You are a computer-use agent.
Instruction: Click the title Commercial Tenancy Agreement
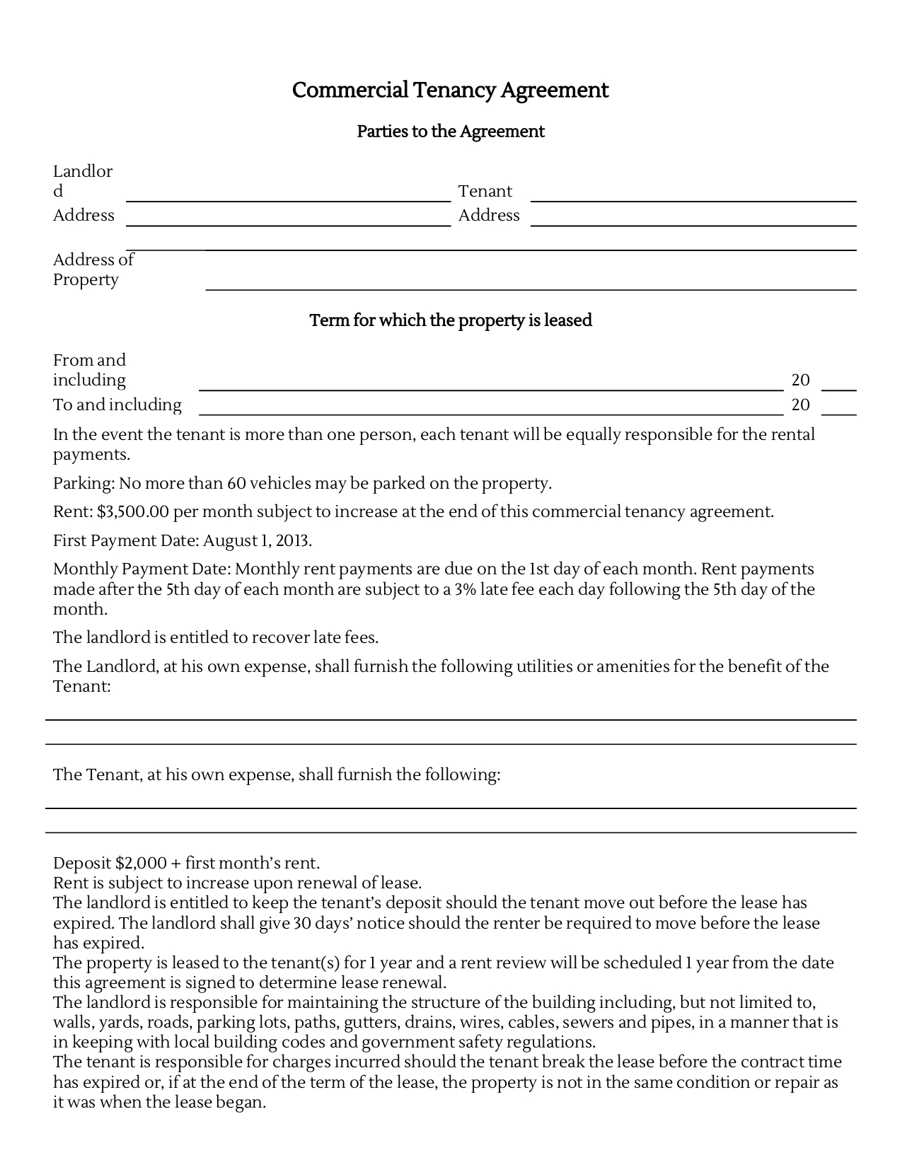coord(450,91)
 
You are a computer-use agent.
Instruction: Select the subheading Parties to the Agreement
coord(450,132)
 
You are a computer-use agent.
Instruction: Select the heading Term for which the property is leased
coord(450,320)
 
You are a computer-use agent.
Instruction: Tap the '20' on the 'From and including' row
coord(800,381)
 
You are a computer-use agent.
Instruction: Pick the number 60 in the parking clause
coord(236,484)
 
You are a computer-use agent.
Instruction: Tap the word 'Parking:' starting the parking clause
coord(83,484)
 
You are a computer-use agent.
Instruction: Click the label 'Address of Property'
coord(93,269)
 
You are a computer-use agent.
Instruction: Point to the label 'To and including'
coord(117,405)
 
